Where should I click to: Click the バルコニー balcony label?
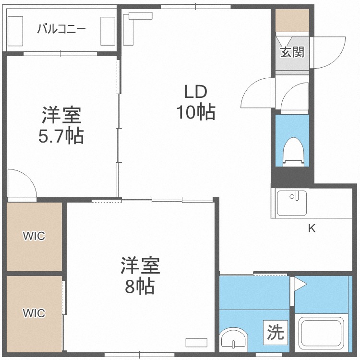[x=61, y=29]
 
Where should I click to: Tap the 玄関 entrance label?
[x=292, y=52]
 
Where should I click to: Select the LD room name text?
[x=196, y=92]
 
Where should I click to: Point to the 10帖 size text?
[x=196, y=112]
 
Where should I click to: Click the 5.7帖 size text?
[x=61, y=136]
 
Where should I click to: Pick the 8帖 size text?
[x=140, y=286]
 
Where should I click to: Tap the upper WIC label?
[x=34, y=236]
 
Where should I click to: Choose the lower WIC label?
[x=34, y=313]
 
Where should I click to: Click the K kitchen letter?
[x=312, y=228]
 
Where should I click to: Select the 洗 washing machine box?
[x=276, y=333]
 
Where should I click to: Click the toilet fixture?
[x=294, y=152]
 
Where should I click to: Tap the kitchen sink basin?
[x=291, y=203]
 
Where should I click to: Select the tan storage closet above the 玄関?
[x=292, y=21]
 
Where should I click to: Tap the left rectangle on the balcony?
[x=15, y=31]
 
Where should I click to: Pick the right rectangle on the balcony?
[x=108, y=31]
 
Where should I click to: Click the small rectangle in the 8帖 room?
[x=196, y=343]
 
